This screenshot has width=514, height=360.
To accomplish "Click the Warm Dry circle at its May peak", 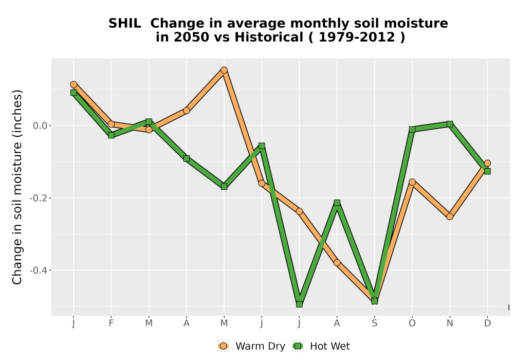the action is (x=224, y=70).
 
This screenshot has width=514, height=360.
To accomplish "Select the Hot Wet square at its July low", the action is (x=299, y=304).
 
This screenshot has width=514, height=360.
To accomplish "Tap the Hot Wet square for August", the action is (x=337, y=203).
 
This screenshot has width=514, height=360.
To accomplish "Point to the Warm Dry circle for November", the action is (x=450, y=217).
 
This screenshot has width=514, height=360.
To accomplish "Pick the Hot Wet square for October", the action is (x=412, y=130).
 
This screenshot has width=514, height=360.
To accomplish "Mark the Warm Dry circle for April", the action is (x=187, y=111).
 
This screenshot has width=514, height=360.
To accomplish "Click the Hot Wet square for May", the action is (x=224, y=187).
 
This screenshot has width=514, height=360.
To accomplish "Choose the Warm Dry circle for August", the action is (x=337, y=263).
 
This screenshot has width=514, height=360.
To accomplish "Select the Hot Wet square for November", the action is (x=450, y=124).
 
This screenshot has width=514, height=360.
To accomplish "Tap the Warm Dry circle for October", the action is (x=412, y=182).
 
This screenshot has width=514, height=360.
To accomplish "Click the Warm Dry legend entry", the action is (x=251, y=346).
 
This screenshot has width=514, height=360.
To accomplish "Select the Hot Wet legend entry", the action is (x=321, y=346).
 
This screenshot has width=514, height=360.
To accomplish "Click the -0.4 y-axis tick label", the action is (x=38, y=271).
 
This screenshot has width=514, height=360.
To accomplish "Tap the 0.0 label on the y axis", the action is (x=40, y=125).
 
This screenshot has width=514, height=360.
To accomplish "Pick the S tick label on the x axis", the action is (x=374, y=323).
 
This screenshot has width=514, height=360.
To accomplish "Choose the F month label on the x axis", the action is (x=111, y=323).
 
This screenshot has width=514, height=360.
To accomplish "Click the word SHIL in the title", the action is (x=124, y=24).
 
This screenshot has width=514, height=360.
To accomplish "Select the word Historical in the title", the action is (x=269, y=38).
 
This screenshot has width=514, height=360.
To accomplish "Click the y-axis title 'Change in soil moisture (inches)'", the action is (x=17, y=187).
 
